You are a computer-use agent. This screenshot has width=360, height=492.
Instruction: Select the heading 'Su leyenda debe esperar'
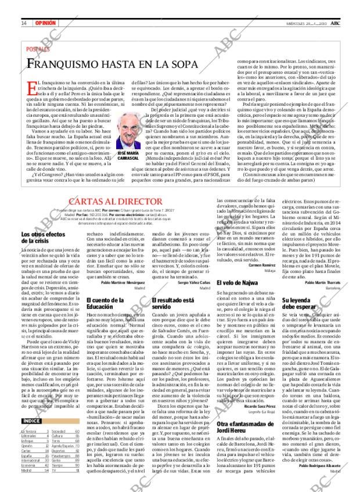point(301,303)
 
